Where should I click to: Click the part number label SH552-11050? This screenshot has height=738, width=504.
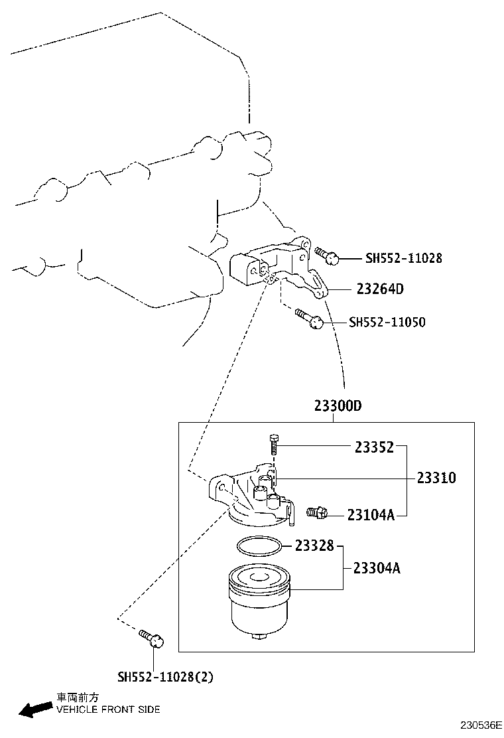(x=387, y=322)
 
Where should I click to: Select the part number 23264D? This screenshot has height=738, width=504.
(x=380, y=289)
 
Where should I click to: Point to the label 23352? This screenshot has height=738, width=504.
(x=374, y=447)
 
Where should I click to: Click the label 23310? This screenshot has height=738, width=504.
(x=436, y=478)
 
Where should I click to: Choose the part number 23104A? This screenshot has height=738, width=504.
(x=371, y=514)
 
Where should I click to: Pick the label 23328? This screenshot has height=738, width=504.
(x=316, y=546)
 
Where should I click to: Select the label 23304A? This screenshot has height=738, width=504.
(x=376, y=568)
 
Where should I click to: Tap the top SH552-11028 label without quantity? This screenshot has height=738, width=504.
(x=403, y=258)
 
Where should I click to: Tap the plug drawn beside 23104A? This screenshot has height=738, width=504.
(x=318, y=512)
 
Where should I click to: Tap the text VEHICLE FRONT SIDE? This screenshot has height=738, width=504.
(x=108, y=709)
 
